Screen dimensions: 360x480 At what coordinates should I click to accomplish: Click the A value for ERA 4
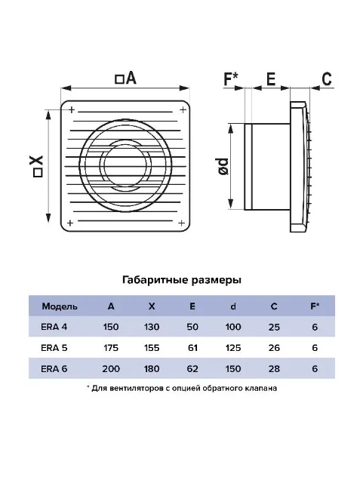point(111,327)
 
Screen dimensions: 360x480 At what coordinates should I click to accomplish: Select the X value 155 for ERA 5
point(152,348)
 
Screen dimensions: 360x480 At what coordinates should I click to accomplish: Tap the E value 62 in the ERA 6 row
point(192,368)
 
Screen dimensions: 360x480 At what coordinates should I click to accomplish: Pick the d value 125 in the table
point(233,348)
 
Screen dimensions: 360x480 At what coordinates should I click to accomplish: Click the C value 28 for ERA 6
point(274,368)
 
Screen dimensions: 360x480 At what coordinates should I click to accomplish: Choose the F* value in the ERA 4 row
point(315,327)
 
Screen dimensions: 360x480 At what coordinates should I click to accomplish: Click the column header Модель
point(60,306)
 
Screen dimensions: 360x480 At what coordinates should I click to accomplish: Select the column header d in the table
point(233,306)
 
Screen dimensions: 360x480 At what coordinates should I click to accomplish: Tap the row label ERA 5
point(54,348)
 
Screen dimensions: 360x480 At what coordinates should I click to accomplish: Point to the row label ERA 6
point(54,368)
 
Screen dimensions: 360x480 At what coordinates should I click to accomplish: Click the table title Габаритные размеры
point(182,280)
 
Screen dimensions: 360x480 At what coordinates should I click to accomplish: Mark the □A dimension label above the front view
point(125,78)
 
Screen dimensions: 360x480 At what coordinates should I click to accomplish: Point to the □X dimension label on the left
point(37,166)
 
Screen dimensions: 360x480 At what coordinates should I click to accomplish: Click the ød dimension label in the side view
point(224,167)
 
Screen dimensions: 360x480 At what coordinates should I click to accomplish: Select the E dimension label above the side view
point(271,78)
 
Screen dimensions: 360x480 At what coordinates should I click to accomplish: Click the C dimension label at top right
point(327,78)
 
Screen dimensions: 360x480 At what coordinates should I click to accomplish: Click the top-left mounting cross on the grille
point(72,109)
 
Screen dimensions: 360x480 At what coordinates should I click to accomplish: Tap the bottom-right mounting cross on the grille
point(181,223)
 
